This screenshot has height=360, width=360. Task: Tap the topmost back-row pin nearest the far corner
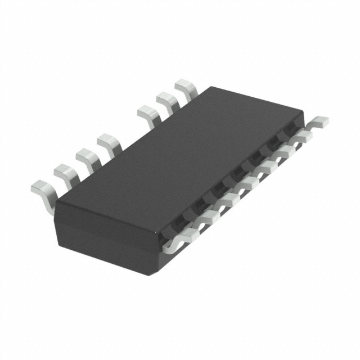point(186,88)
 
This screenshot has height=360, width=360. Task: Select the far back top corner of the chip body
point(209,88)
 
